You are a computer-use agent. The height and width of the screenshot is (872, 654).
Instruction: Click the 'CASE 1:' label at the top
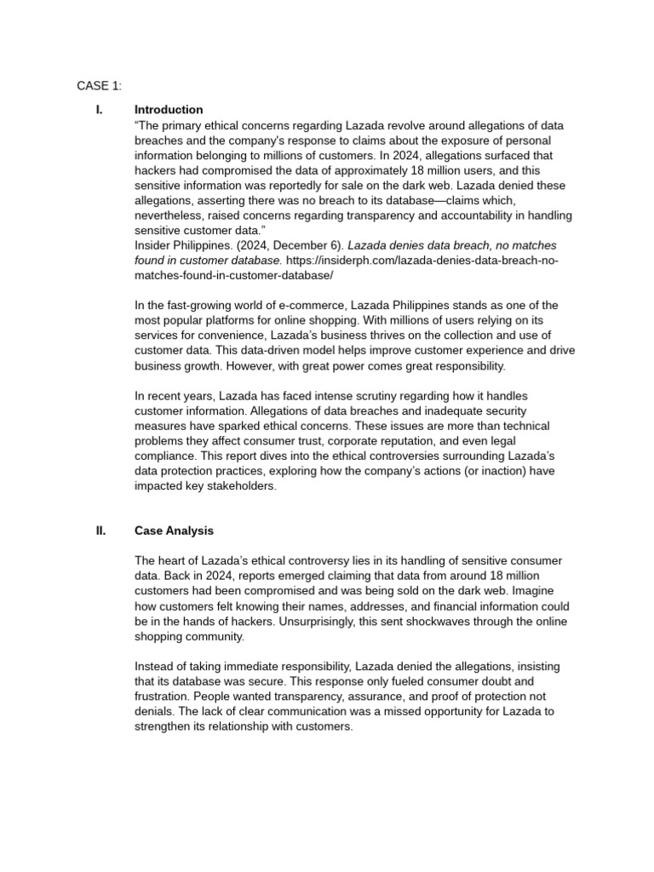point(100,85)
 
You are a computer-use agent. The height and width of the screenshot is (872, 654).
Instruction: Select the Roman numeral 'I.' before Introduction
point(100,110)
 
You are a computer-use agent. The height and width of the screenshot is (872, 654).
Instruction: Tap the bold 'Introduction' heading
point(169,110)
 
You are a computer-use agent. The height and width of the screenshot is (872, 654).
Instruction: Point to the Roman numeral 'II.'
point(101,531)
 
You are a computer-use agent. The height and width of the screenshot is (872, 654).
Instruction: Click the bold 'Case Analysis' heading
point(174,531)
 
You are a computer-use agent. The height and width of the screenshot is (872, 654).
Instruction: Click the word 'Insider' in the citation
point(155,246)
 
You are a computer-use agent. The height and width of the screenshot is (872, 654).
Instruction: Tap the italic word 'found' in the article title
point(151,261)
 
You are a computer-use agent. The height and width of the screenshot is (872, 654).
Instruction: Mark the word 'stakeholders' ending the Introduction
point(238,486)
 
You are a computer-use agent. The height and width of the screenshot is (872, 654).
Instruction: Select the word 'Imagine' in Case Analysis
point(550,591)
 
